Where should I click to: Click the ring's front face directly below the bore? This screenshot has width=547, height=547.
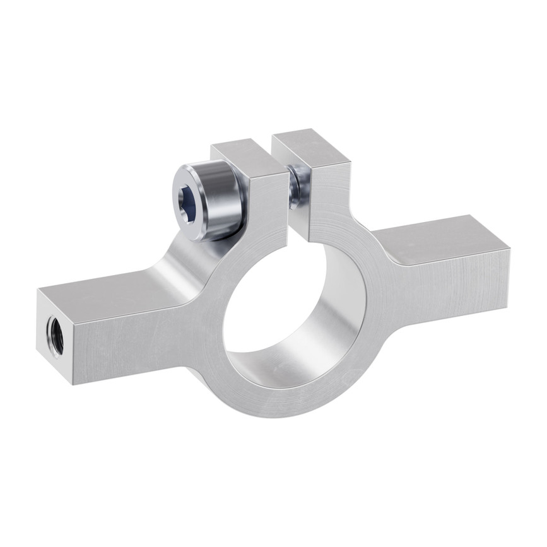[284, 404]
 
